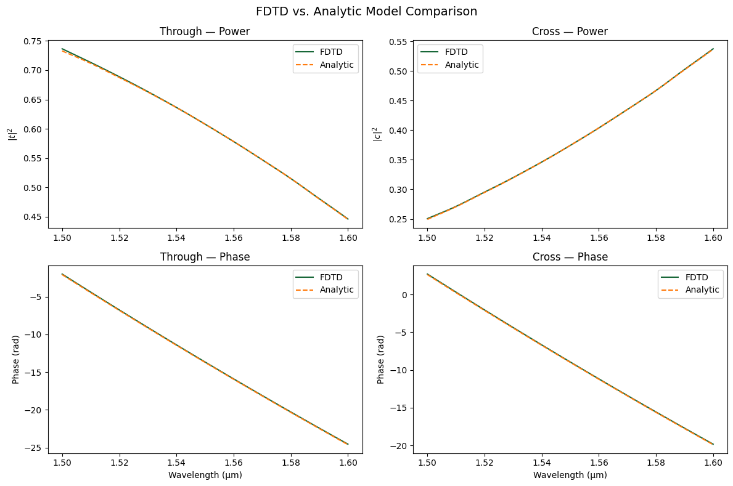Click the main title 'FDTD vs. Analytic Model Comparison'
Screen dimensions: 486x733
[366, 11]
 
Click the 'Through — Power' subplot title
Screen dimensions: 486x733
[205, 31]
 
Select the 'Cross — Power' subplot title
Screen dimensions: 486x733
[570, 31]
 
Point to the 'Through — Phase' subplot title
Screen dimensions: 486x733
[205, 257]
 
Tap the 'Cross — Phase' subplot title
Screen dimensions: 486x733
[570, 257]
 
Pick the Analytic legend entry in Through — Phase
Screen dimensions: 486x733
[337, 290]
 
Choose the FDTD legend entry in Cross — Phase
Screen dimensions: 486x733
[697, 277]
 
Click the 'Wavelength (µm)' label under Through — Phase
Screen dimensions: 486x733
[205, 475]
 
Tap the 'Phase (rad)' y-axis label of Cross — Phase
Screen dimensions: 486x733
[381, 360]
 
